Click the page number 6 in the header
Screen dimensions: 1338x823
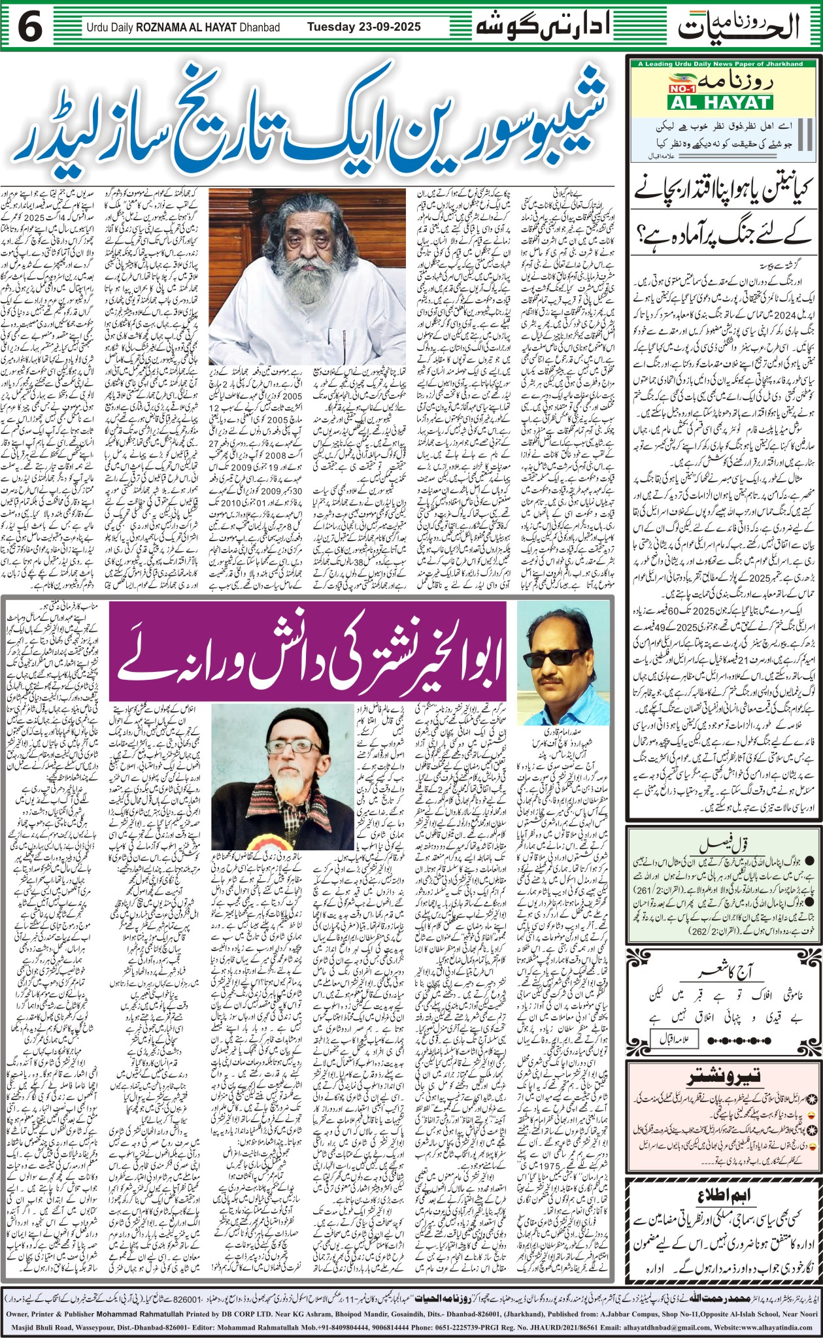click(x=30, y=27)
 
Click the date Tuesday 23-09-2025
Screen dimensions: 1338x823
click(x=364, y=27)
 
